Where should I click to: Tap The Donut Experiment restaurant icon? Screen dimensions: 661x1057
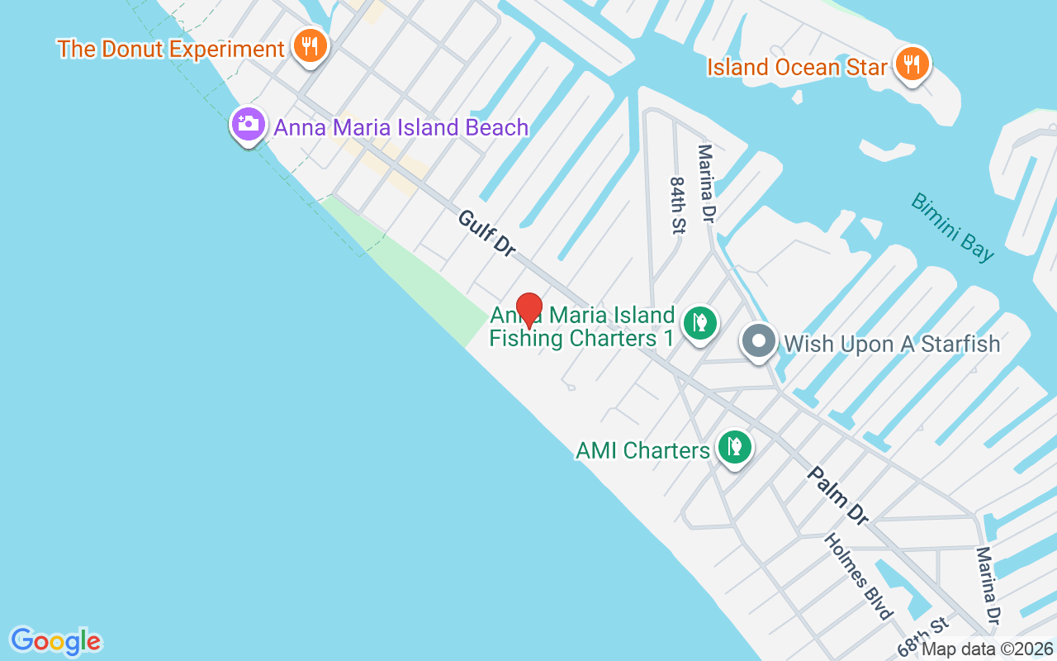(310, 46)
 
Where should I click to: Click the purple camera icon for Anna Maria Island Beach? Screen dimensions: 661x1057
(248, 125)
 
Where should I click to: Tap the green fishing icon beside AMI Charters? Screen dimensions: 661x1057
(733, 447)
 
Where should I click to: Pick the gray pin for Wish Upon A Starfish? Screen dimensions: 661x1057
(758, 341)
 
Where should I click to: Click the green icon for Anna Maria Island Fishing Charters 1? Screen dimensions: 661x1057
(699, 323)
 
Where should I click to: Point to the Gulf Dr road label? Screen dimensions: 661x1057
(486, 233)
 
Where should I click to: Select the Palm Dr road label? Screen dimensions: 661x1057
(838, 496)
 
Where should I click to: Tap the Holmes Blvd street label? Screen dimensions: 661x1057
(859, 576)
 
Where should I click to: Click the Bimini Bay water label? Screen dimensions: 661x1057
(953, 227)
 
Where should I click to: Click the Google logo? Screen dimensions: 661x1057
(55, 640)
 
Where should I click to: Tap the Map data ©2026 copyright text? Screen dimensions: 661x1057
(987, 649)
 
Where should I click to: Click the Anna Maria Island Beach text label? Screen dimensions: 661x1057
(401, 127)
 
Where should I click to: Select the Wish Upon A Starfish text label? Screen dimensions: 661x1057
(892, 344)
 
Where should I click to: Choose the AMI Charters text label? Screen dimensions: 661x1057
(642, 450)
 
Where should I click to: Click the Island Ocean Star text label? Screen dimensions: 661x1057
(797, 67)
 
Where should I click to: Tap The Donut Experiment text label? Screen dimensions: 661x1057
(171, 49)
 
